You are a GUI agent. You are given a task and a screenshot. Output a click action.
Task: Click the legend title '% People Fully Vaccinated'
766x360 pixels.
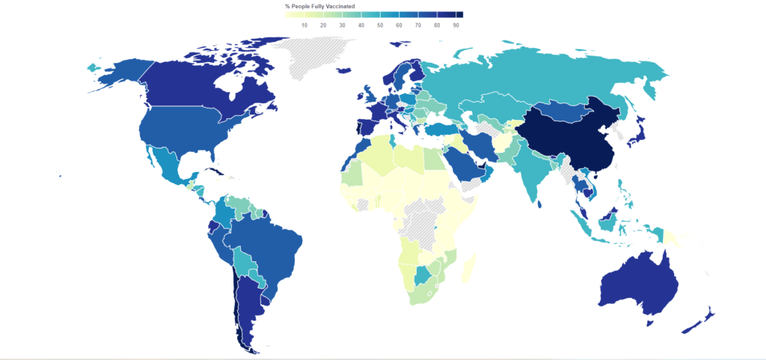[319, 6]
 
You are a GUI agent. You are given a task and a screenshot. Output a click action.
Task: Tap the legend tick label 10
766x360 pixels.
[304, 25]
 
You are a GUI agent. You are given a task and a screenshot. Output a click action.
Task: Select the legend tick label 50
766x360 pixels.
[380, 25]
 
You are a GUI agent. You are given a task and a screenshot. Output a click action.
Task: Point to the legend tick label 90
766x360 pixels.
[456, 25]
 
